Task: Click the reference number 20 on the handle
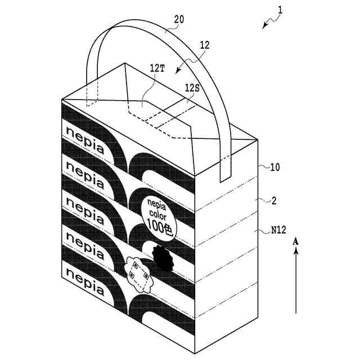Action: coord(178,19)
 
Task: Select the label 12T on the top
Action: coord(157,67)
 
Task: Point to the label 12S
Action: coord(192,88)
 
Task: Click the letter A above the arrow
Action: coord(296,241)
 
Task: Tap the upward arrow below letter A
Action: coord(296,281)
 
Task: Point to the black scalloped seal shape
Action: coord(162,257)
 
